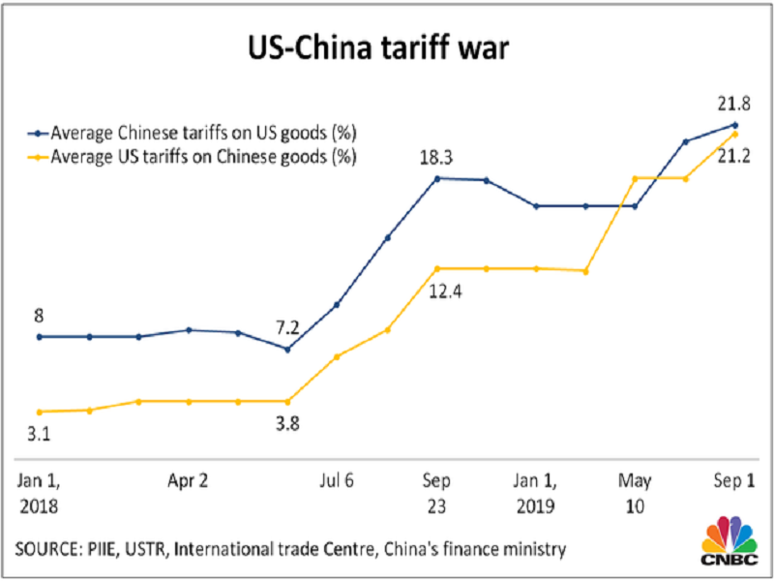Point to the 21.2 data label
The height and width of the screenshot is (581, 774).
735,157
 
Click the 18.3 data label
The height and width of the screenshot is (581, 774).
437,154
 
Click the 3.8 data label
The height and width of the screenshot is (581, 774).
286,423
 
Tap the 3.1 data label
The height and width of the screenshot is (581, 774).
39,435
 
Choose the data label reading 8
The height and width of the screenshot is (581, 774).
39,315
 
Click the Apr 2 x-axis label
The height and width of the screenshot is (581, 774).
189,479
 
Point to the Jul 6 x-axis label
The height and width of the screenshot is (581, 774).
337,479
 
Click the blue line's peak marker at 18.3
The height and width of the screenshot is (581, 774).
437,178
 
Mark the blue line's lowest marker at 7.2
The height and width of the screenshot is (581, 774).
286,349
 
